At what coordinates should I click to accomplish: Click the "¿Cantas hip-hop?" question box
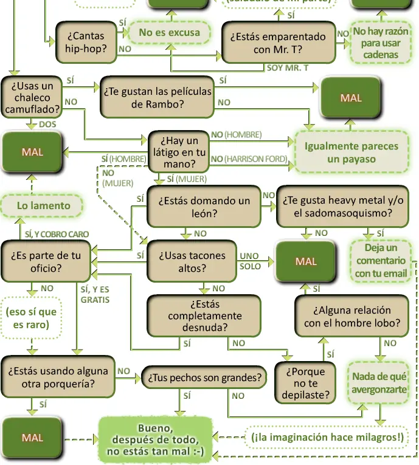86,43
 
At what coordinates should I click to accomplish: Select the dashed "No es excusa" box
169,33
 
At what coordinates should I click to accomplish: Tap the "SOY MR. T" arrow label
288,67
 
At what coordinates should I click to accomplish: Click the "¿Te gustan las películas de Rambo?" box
158,97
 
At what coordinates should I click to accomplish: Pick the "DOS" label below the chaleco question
47,124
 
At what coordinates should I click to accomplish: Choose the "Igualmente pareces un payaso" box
351,153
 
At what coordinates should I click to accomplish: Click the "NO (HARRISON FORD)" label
248,159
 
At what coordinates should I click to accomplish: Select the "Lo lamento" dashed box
43,206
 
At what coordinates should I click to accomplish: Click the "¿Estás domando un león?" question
204,207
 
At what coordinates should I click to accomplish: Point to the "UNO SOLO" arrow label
250,261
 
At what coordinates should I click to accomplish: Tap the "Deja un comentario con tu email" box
381,261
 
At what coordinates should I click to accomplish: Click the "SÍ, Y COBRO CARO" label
57,234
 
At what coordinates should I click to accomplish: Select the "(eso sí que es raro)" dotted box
31,319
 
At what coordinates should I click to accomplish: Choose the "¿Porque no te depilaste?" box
305,383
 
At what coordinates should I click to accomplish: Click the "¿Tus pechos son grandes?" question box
204,378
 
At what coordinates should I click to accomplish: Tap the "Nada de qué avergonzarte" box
379,383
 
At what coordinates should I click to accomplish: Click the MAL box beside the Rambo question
351,98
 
